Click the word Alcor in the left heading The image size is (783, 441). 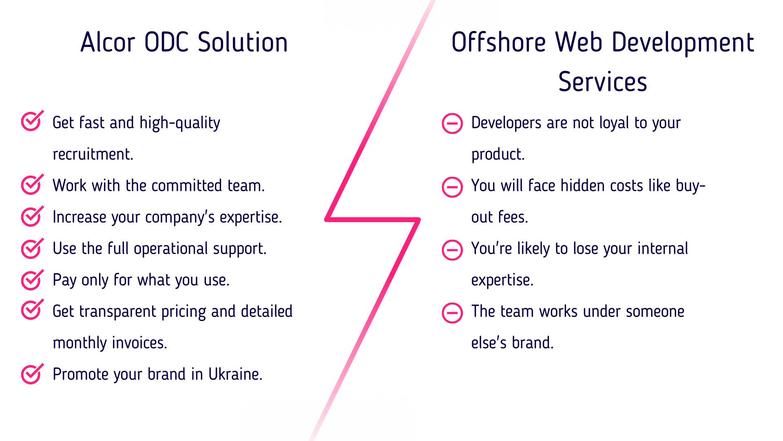(x=108, y=42)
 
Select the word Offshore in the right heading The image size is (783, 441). (x=499, y=42)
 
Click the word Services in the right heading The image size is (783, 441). (x=603, y=82)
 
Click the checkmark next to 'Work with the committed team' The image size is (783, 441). (x=32, y=184)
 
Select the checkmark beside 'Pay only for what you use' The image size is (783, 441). (x=32, y=279)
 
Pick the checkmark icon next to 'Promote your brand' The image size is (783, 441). (x=32, y=374)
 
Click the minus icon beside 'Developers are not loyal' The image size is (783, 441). (x=452, y=123)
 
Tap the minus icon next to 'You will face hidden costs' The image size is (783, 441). (x=452, y=187)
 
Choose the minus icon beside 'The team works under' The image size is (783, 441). (x=452, y=313)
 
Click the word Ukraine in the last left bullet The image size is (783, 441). (x=235, y=374)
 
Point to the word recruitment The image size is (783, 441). (x=93, y=154)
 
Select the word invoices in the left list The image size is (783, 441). (x=139, y=343)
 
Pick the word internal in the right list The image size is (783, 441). (x=663, y=249)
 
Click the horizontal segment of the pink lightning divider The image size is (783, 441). (x=373, y=220)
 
